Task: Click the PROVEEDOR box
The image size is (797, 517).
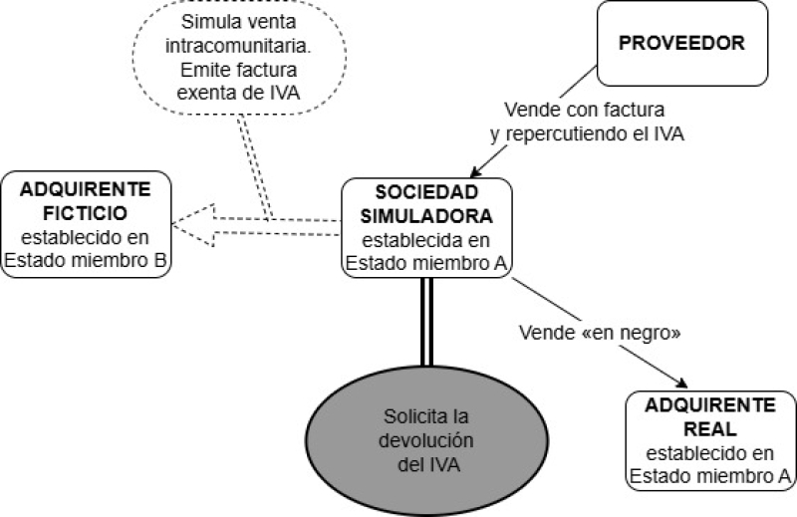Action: click(x=682, y=43)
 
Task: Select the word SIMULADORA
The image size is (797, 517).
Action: click(x=426, y=216)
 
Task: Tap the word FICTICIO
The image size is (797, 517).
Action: click(x=85, y=213)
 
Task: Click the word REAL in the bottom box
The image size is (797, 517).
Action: click(x=709, y=429)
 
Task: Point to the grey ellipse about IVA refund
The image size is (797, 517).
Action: click(x=427, y=440)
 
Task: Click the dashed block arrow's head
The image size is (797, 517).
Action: click(x=193, y=225)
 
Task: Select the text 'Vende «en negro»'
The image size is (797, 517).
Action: click(x=600, y=333)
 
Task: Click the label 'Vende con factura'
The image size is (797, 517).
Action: click(x=585, y=110)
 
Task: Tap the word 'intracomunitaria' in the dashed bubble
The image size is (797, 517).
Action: click(x=238, y=46)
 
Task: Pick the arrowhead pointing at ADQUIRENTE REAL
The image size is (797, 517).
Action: click(x=681, y=383)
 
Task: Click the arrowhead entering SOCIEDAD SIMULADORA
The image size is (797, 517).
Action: click(x=475, y=171)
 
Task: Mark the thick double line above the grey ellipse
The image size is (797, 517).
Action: click(x=427, y=322)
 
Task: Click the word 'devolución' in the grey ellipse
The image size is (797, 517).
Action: click(x=426, y=440)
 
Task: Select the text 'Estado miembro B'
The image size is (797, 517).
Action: click(x=86, y=260)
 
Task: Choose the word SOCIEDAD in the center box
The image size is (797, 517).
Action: click(x=426, y=192)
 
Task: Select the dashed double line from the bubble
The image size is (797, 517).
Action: click(x=255, y=166)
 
